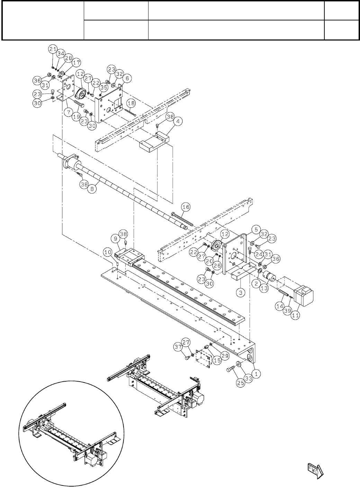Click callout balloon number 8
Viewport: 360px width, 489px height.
click(x=93, y=189)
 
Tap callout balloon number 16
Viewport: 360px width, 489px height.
click(x=186, y=207)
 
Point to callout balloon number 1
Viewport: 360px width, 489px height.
click(x=256, y=374)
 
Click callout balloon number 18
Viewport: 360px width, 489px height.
click(x=130, y=103)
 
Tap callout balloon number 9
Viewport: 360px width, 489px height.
click(x=115, y=239)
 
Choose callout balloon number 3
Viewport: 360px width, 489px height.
click(x=241, y=292)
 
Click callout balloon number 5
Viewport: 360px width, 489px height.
click(x=255, y=229)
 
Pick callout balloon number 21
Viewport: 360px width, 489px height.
click(x=53, y=50)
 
